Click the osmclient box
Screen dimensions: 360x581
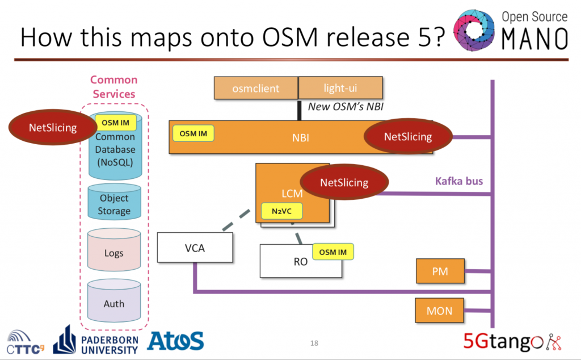pyautogui.click(x=256, y=89)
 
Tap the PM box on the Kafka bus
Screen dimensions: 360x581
pyautogui.click(x=440, y=271)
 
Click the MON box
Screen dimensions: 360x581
pyautogui.click(x=440, y=311)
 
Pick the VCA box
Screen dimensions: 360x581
pyautogui.click(x=195, y=248)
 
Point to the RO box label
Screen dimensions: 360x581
pyautogui.click(x=301, y=262)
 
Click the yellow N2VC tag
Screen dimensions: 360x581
pyautogui.click(x=281, y=211)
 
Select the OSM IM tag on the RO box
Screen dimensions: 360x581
pyautogui.click(x=333, y=252)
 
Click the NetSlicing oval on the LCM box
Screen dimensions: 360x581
pyautogui.click(x=344, y=182)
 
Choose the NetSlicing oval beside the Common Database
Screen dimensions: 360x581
pyautogui.click(x=53, y=127)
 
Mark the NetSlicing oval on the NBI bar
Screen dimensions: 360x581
pyautogui.click(x=408, y=136)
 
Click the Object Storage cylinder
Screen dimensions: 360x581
pyautogui.click(x=114, y=204)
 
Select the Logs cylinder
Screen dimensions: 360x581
pyautogui.click(x=114, y=253)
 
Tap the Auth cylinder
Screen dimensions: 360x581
pyautogui.click(x=114, y=304)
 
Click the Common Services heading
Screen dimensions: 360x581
pyautogui.click(x=114, y=87)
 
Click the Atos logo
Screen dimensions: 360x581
pyautogui.click(x=175, y=341)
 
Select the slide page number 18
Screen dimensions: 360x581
pyautogui.click(x=314, y=344)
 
